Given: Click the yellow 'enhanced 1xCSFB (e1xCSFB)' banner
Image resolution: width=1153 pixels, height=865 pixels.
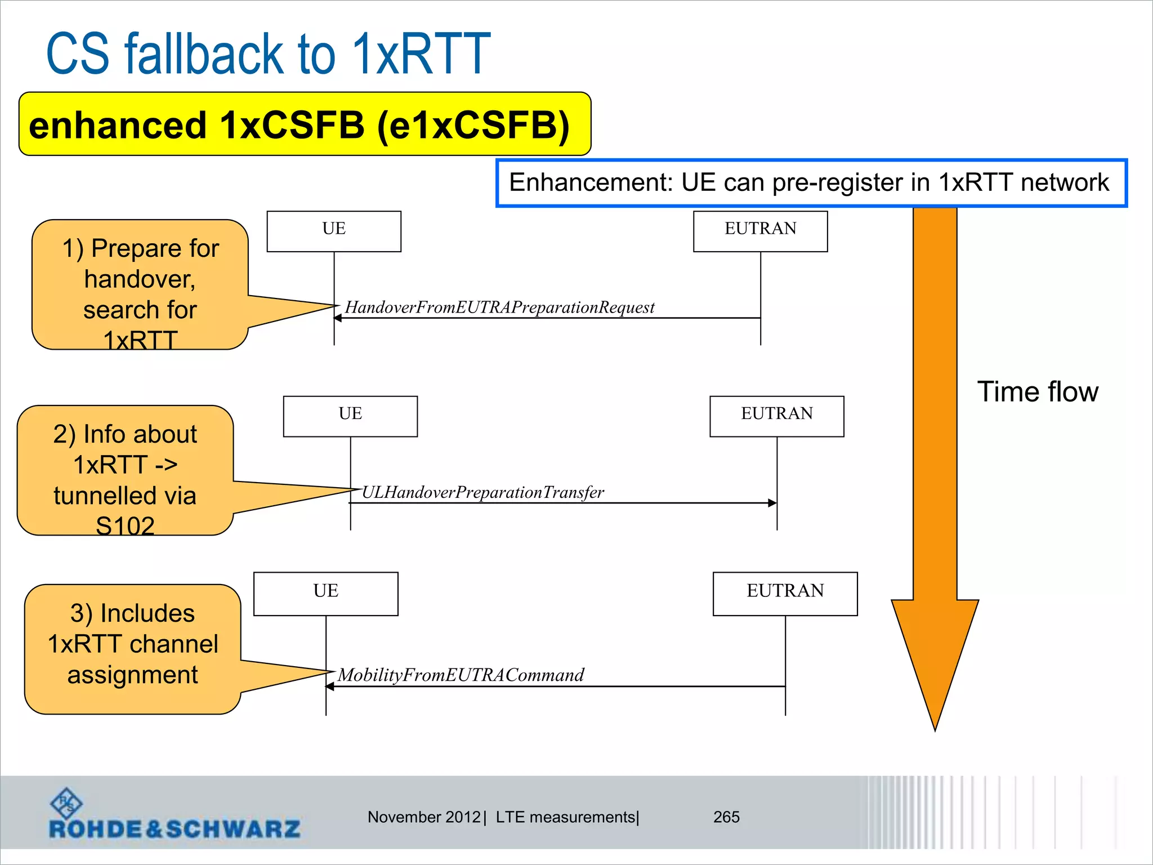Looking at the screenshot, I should point(304,124).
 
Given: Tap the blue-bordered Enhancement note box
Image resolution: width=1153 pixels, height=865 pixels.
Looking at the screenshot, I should point(811,183).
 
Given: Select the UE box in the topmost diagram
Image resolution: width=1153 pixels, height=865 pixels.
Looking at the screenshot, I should point(334,231).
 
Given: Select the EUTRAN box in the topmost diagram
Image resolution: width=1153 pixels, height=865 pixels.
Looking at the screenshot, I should point(760,231).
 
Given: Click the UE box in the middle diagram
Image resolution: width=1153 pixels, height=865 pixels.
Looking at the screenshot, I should point(350,416).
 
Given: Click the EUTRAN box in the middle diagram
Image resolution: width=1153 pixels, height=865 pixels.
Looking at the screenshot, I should point(776,416).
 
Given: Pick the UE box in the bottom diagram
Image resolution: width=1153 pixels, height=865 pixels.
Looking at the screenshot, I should point(325,593).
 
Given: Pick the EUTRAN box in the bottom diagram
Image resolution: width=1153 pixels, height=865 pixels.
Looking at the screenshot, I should point(785,593).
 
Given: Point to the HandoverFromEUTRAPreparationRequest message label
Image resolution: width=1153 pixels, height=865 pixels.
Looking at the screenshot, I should point(499,307).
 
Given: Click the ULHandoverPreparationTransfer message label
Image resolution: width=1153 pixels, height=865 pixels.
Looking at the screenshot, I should point(482,493).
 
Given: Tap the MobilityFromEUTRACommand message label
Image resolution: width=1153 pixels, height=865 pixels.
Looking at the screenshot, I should point(461,675).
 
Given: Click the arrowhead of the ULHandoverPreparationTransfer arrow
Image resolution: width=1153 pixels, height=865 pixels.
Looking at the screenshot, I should point(773,503).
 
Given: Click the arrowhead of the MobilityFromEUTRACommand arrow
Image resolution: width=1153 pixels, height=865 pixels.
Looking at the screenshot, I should point(330,686).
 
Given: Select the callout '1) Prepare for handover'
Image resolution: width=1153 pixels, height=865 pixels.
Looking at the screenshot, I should point(140,284).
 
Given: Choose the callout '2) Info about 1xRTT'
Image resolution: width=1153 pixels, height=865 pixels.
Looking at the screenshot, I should point(125,470).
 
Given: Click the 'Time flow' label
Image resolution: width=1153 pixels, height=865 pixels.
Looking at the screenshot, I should point(1037,391).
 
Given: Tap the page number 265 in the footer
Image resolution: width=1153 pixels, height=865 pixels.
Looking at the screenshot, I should point(726,817).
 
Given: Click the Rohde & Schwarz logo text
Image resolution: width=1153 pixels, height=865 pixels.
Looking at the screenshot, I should point(175,828).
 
